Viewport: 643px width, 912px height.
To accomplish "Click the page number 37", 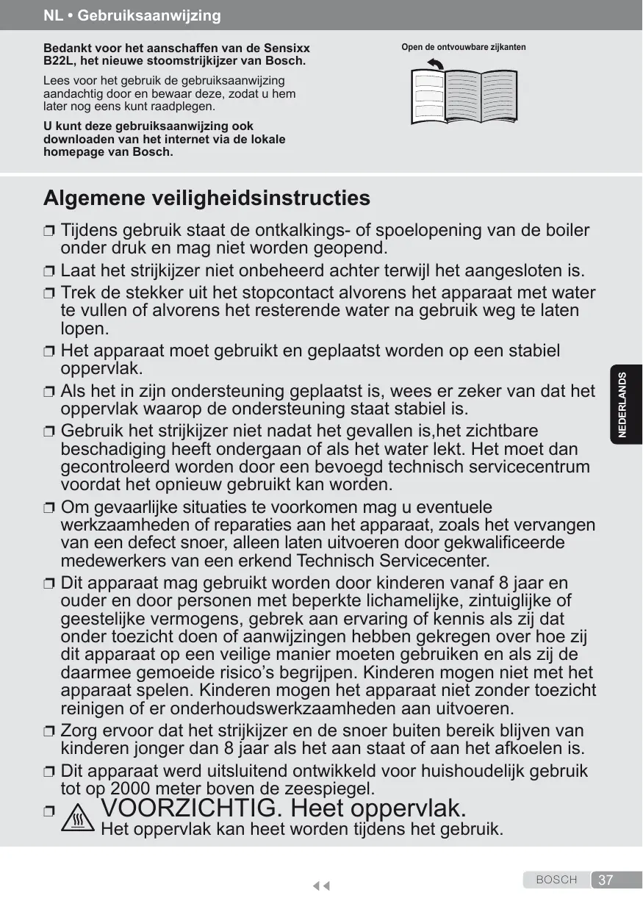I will (x=606, y=880).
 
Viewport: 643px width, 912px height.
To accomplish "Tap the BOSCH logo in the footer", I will (x=556, y=880).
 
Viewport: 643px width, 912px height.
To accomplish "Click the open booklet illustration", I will (x=464, y=96).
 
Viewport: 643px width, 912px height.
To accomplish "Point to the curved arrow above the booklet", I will (x=437, y=65).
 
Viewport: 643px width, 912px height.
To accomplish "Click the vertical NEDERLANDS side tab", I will (x=623, y=405).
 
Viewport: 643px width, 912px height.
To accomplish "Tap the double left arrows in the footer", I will (x=320, y=886).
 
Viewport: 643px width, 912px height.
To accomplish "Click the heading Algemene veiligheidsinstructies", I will (x=206, y=198).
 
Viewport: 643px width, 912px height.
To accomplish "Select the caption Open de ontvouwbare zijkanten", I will (x=464, y=48).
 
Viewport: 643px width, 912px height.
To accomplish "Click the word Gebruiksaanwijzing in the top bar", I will (x=153, y=15).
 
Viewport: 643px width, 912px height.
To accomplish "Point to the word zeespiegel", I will (x=331, y=789).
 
